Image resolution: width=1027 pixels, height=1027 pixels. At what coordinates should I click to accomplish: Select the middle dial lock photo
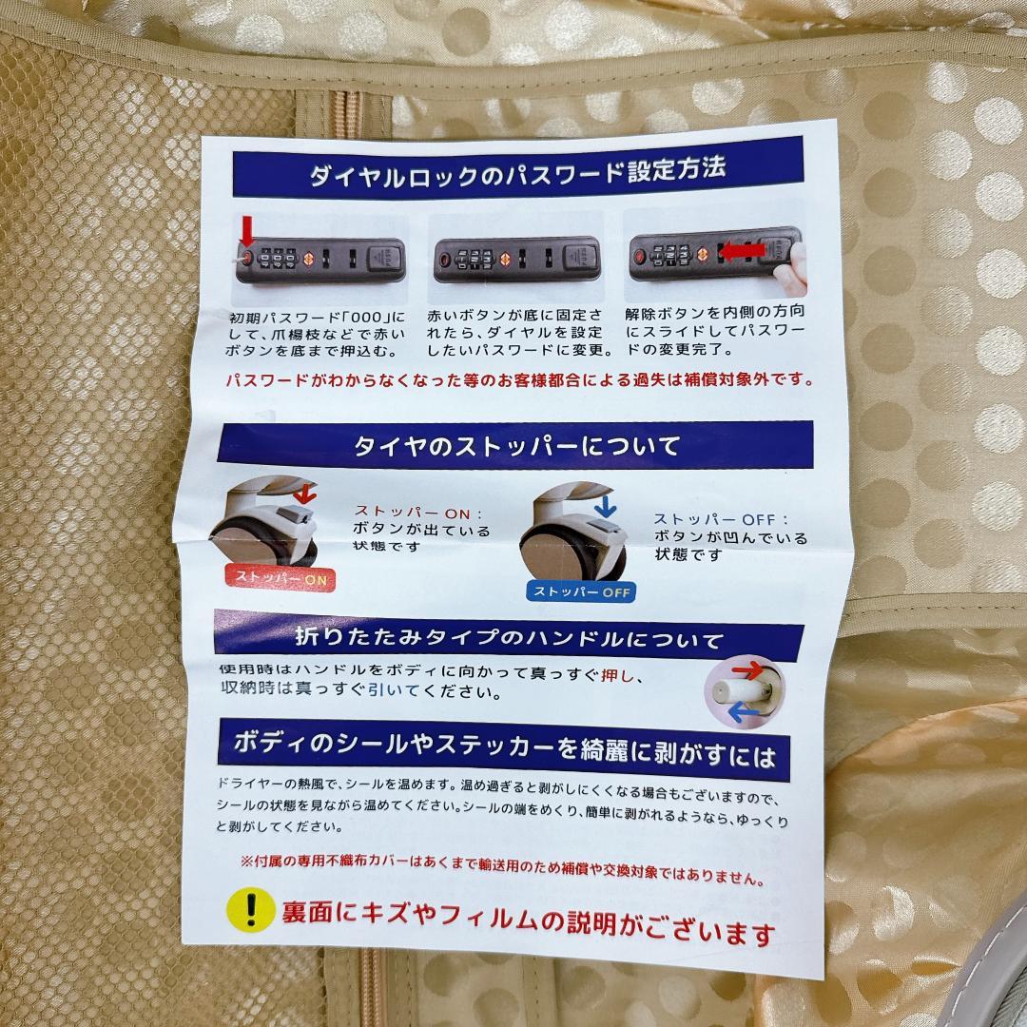(x=516, y=259)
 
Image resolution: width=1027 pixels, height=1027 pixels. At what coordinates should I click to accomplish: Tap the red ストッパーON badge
(x=280, y=577)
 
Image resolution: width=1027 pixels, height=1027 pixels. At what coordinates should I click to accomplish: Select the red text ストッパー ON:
(x=419, y=512)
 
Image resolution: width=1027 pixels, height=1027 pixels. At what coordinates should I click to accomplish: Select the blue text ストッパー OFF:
(x=721, y=519)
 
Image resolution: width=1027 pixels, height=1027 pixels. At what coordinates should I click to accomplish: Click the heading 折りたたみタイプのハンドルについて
(x=509, y=637)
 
